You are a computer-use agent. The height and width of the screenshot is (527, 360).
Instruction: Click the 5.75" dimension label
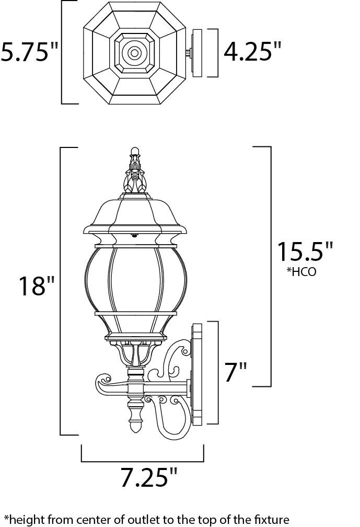point(29,52)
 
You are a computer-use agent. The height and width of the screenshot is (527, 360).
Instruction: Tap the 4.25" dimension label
point(252,52)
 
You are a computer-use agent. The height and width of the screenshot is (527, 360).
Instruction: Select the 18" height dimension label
point(36,286)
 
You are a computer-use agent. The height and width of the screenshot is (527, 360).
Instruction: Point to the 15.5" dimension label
point(304,252)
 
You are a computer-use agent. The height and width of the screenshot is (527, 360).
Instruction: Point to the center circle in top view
point(134,53)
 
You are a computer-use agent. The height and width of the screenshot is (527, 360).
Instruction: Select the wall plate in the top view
point(198,53)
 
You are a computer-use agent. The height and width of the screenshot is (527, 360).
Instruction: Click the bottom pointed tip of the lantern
point(135,428)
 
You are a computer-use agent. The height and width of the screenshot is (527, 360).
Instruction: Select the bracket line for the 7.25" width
point(142,461)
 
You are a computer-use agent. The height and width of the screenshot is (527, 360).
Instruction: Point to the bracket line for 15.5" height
point(270,267)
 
